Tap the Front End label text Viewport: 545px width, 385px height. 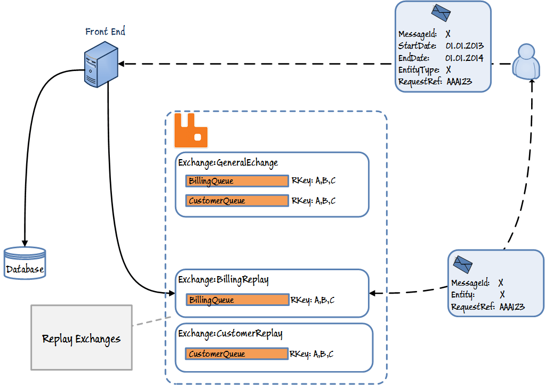tap(105, 32)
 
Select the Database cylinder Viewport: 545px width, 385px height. tap(25, 263)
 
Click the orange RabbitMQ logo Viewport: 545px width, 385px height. tap(190, 130)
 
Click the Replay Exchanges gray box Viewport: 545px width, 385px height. tap(82, 337)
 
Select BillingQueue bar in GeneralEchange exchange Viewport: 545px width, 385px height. tap(237, 181)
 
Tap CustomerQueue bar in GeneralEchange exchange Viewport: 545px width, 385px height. tap(237, 201)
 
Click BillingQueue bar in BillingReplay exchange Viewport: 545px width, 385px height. tap(237, 300)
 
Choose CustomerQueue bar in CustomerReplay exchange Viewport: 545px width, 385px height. tap(237, 353)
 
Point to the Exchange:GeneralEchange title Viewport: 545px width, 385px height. tap(228, 162)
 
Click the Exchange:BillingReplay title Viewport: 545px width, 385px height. tap(223, 279)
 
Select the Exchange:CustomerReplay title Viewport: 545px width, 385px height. tap(230, 334)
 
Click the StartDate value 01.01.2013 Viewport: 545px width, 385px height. tap(464, 46)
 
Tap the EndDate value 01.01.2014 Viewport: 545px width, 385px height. tap(464, 58)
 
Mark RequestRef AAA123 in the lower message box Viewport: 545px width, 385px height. tap(512, 307)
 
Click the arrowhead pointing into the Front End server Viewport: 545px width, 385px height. tap(121, 64)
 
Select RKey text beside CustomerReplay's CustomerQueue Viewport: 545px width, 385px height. tap(312, 353)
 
